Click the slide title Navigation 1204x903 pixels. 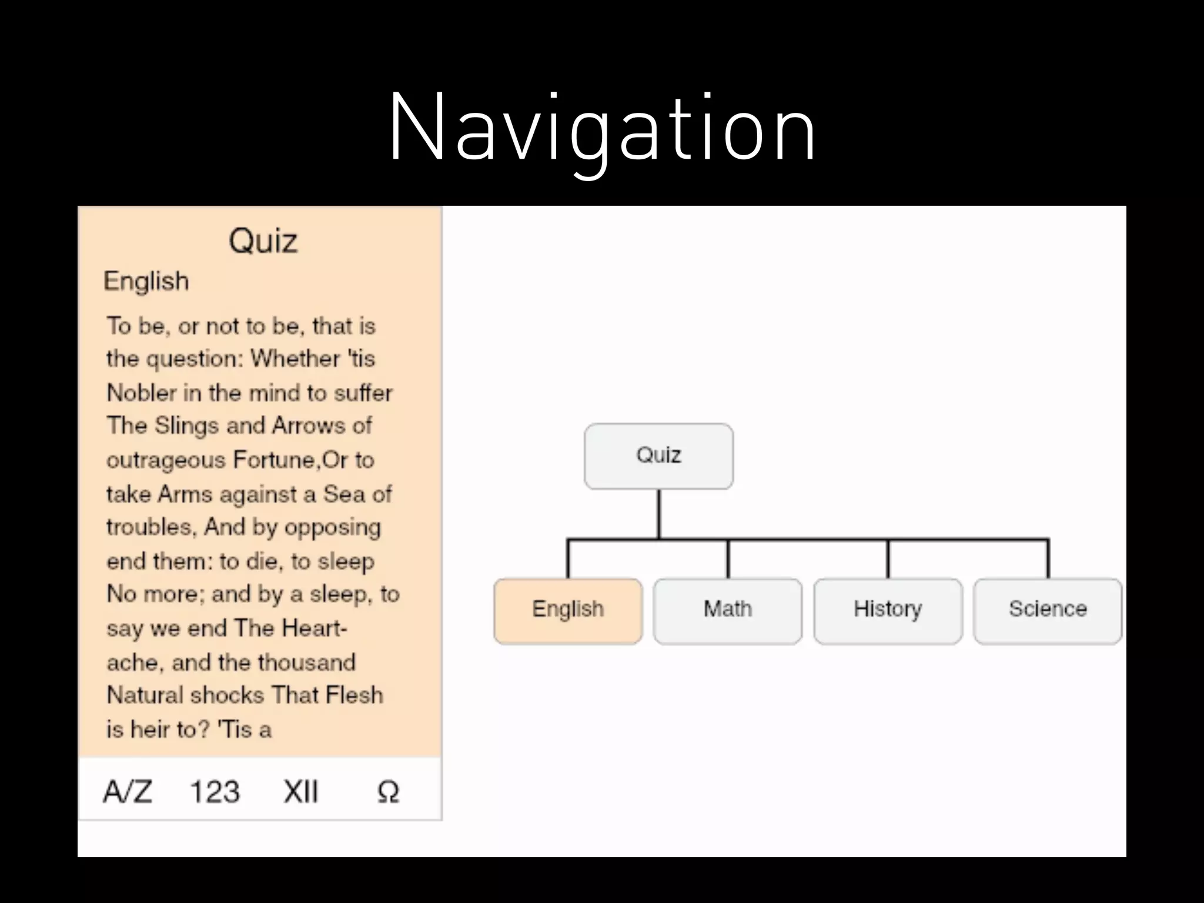coord(602,128)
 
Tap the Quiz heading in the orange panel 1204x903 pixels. coord(263,241)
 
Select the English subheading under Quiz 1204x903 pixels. coord(146,281)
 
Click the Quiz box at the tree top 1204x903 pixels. coord(658,456)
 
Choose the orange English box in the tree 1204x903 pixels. coord(568,610)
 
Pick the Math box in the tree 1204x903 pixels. coord(728,610)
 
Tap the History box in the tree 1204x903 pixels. coord(888,610)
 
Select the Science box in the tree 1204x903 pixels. coord(1048,610)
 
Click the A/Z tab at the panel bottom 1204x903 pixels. coord(128,791)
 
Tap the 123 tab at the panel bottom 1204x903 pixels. coord(215,791)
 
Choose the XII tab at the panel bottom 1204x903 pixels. coord(300,791)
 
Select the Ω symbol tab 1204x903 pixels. coord(388,792)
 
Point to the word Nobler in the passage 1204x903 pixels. coord(141,393)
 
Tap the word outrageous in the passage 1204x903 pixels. coord(166,460)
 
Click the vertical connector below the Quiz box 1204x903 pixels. coord(659,513)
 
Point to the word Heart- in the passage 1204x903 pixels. coord(314,628)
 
